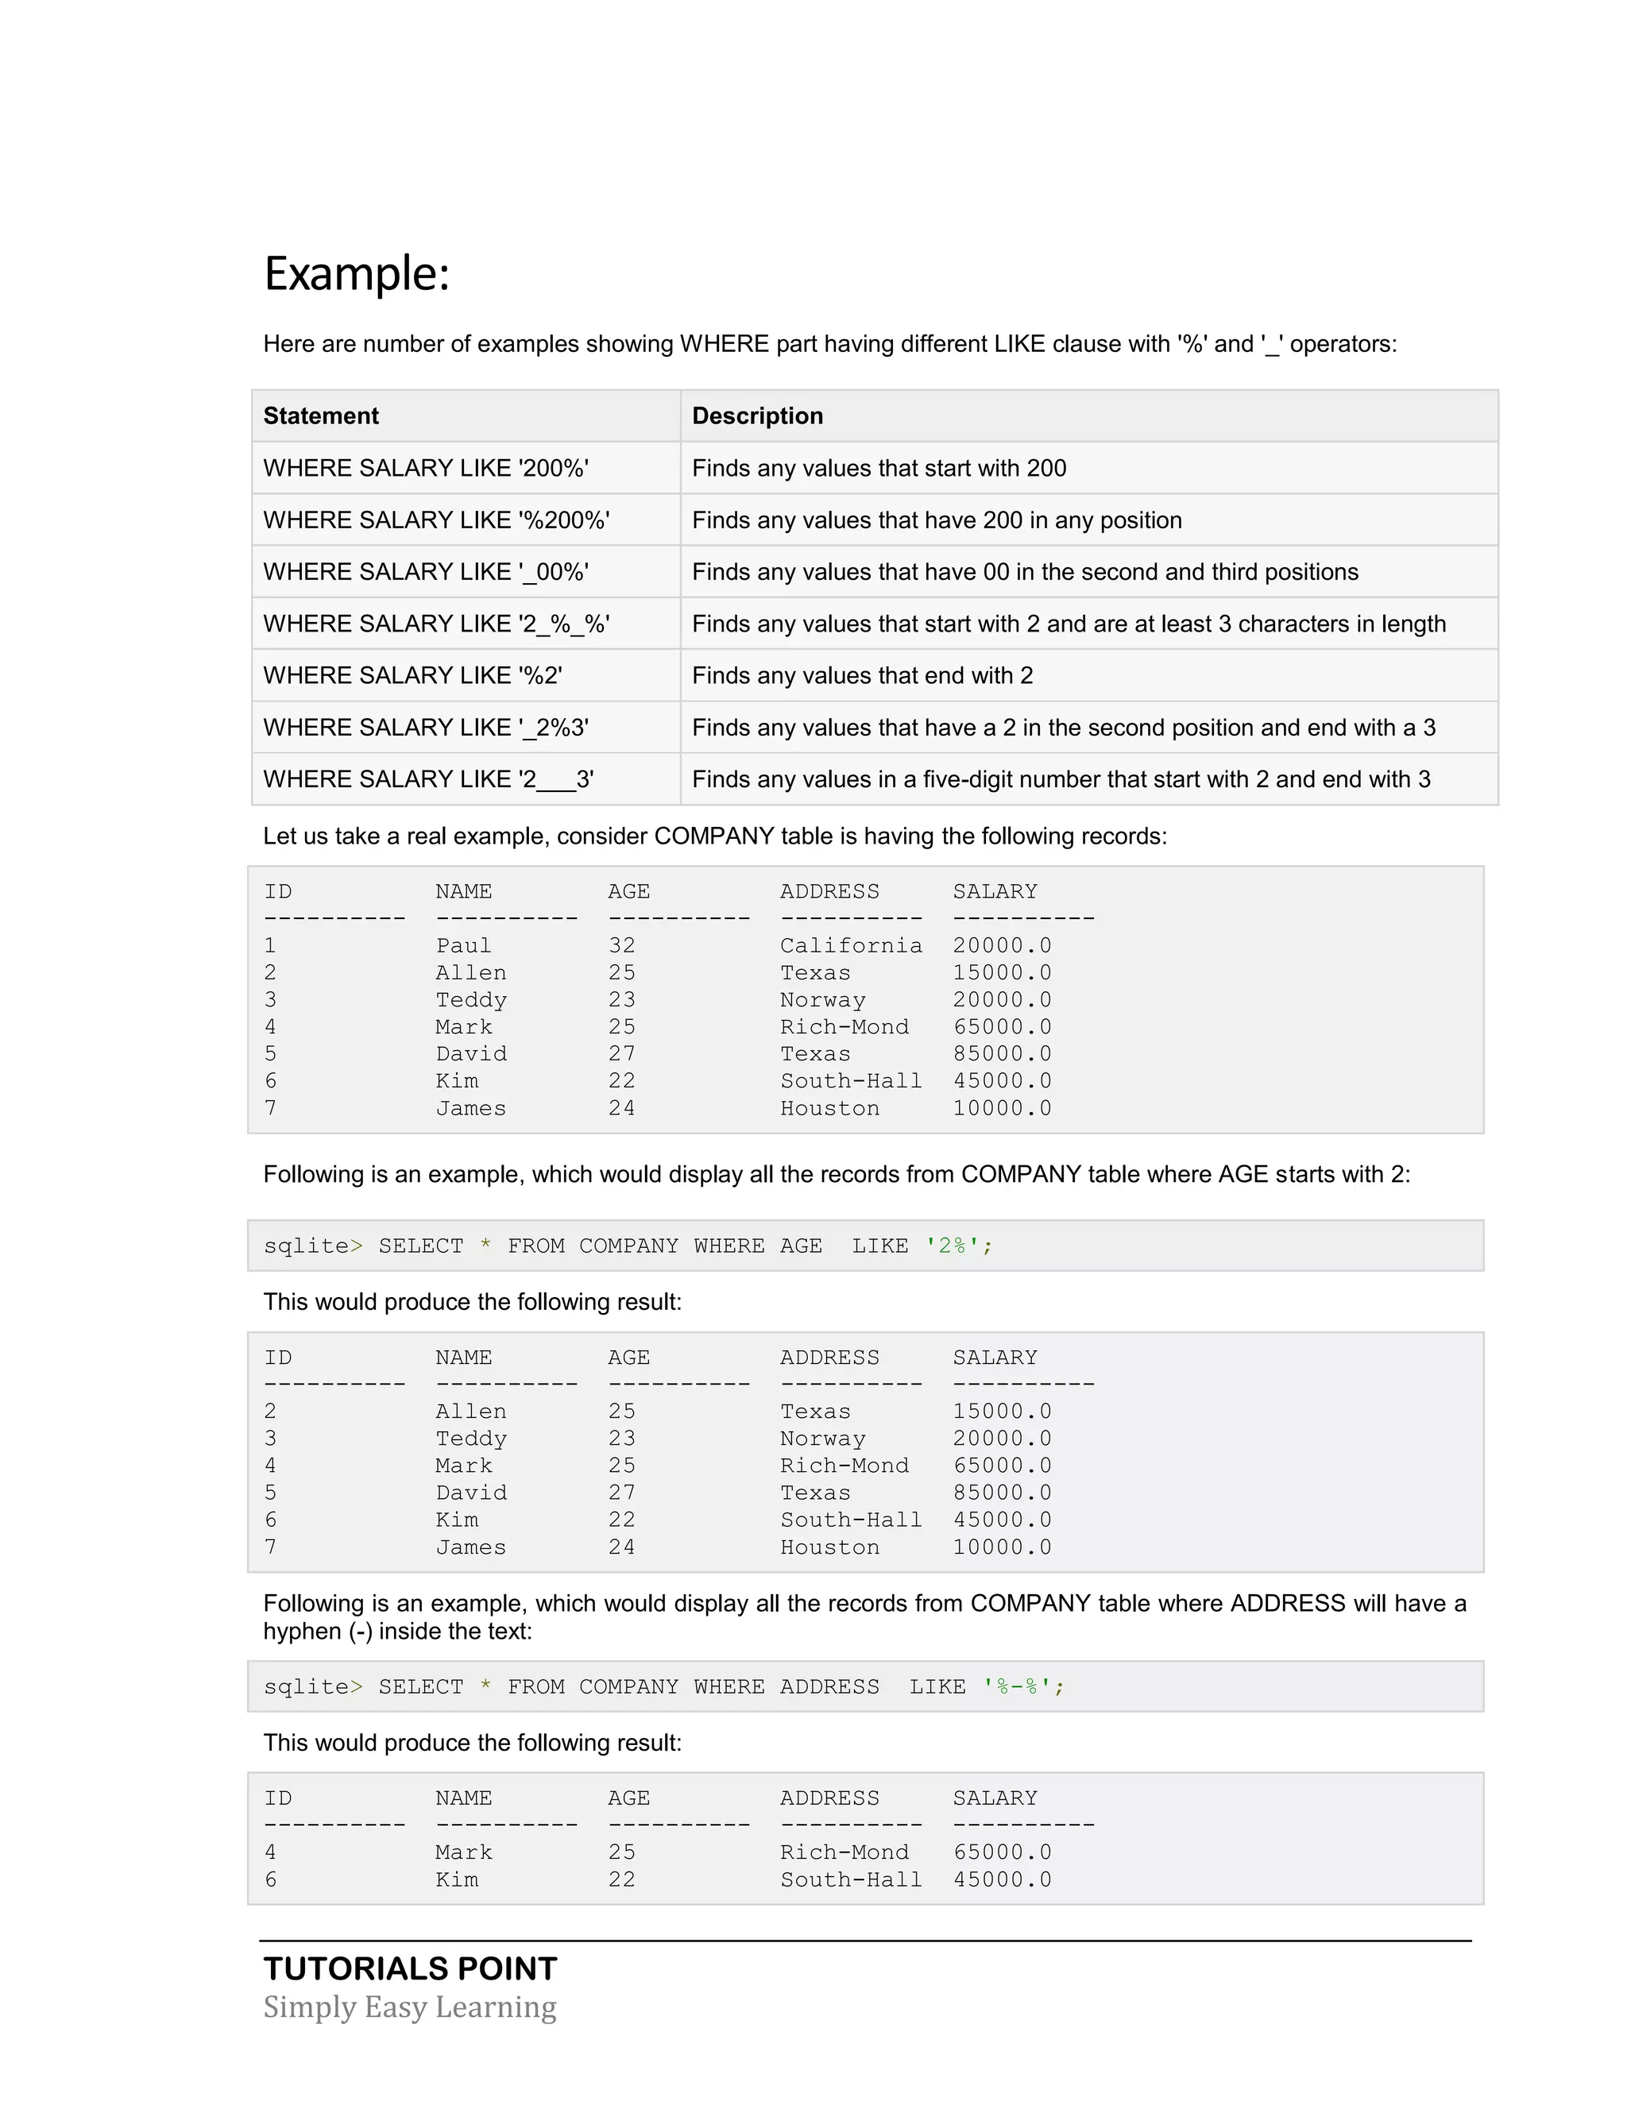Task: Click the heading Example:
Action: point(357,274)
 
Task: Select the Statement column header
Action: point(321,416)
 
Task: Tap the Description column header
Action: point(758,416)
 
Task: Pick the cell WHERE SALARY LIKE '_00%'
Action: point(425,573)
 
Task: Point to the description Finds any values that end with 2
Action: point(862,676)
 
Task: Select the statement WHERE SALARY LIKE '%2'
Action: point(412,676)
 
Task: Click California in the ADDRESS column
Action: point(850,945)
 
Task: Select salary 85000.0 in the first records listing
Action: point(1002,1053)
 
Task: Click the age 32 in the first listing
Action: point(622,945)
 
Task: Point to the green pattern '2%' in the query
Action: point(958,1246)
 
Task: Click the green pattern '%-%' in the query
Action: point(1022,1686)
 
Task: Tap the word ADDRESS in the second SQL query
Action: point(829,1686)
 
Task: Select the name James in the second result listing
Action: point(470,1547)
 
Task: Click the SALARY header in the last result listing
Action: point(995,1798)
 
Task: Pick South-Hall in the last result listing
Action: point(850,1879)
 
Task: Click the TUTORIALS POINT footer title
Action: point(411,1968)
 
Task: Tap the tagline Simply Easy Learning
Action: point(410,2007)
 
